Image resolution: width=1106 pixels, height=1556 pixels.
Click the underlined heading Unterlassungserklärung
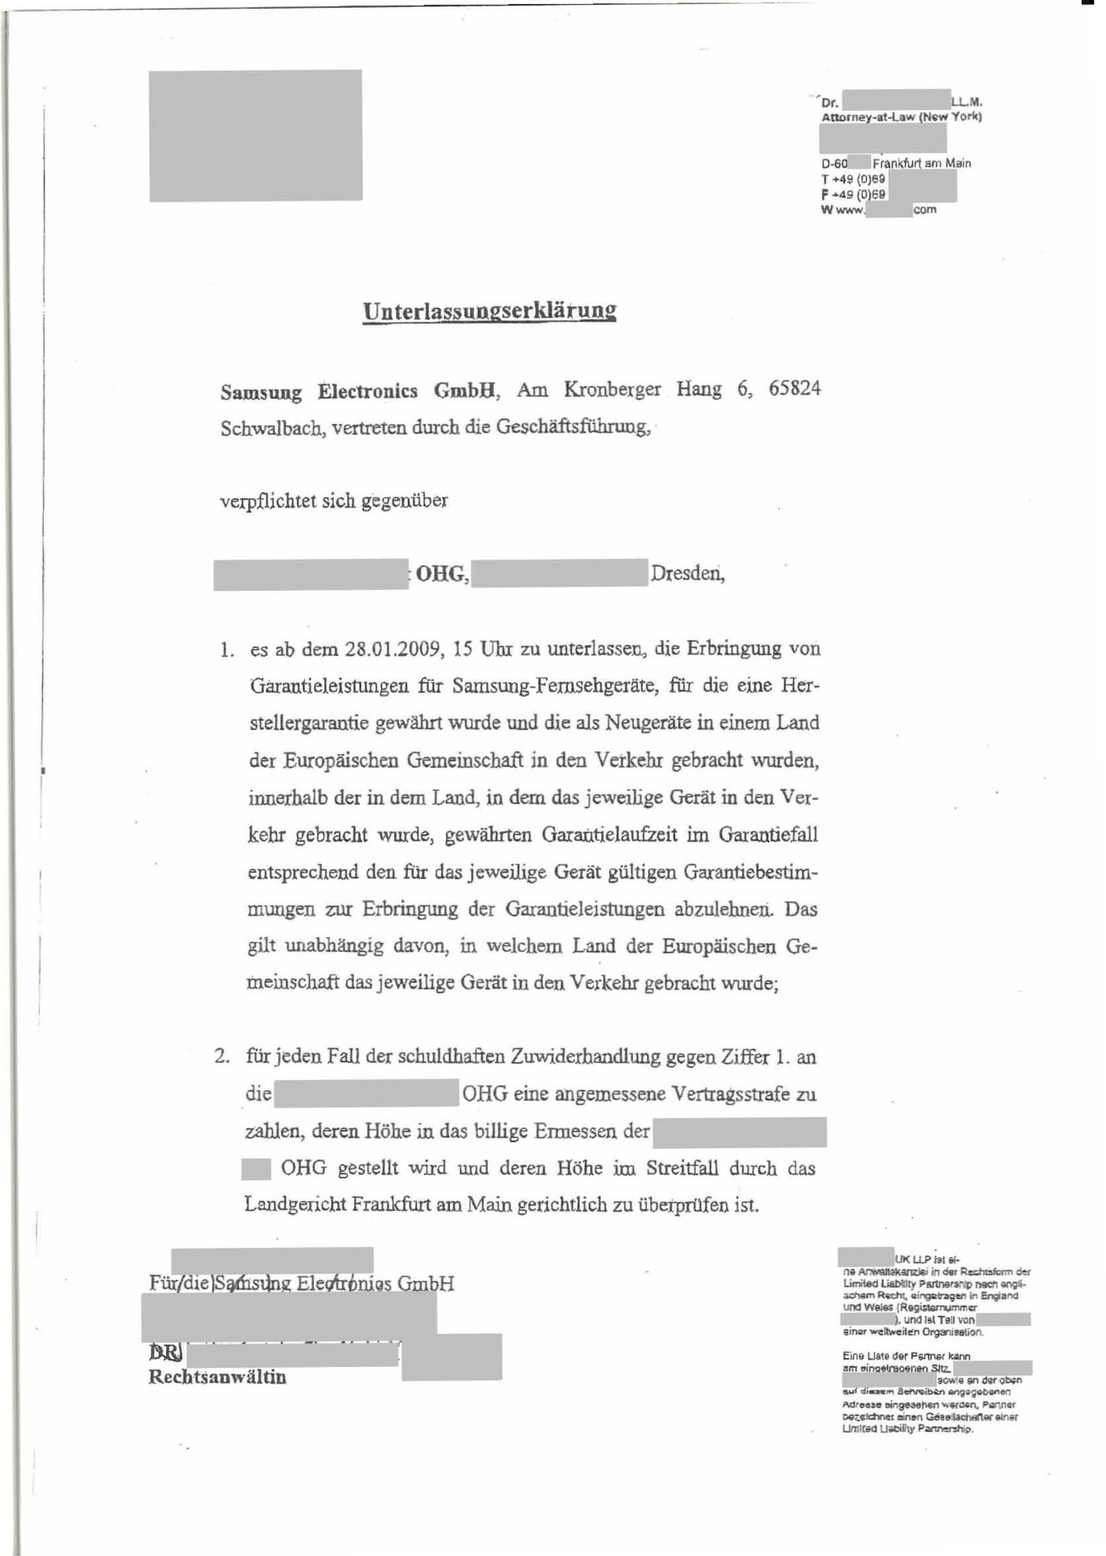click(490, 311)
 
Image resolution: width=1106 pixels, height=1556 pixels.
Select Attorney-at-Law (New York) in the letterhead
click(901, 117)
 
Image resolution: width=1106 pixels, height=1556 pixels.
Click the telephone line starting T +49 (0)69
click(853, 179)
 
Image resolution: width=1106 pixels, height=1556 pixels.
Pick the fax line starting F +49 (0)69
click(853, 194)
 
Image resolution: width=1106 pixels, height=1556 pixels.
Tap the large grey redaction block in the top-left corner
click(256, 136)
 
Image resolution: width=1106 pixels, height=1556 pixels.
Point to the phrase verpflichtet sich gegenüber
click(334, 502)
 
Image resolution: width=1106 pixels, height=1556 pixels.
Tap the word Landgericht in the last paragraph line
click(295, 1205)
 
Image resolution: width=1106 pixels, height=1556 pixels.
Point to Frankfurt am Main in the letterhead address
click(922, 163)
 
